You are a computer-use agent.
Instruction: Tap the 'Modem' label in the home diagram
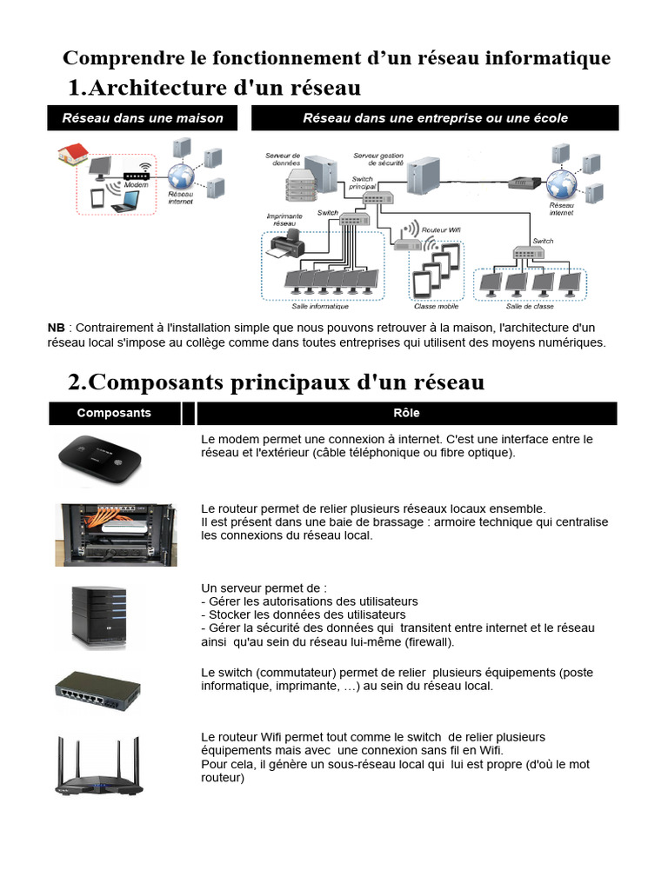(136, 185)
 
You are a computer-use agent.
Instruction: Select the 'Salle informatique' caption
(320, 306)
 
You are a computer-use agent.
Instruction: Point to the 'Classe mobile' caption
(437, 306)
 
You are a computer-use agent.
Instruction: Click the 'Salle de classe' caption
(531, 306)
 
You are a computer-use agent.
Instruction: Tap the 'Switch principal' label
(362, 183)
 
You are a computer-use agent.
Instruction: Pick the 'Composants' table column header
(114, 413)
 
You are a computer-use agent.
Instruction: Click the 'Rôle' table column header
(406, 413)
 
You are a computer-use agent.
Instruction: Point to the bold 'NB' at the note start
(56, 328)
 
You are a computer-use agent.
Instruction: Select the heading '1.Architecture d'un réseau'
(214, 89)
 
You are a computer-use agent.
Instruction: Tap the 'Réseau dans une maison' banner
(142, 118)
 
